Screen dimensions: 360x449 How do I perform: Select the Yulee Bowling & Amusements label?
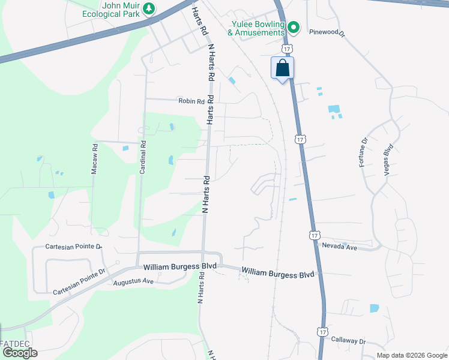pos(258,28)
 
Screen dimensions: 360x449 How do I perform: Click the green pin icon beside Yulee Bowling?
pos(294,27)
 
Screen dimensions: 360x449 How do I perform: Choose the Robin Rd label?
pos(191,101)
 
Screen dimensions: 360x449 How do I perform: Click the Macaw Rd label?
pos(94,158)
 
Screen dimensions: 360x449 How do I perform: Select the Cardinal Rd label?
pos(143,157)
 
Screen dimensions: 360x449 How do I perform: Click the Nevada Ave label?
pos(340,247)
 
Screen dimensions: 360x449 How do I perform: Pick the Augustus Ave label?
pos(134,281)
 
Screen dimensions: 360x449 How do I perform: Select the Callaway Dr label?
pos(348,340)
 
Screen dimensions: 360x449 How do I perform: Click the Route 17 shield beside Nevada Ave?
pos(315,236)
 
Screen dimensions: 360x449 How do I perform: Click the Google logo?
pos(19,353)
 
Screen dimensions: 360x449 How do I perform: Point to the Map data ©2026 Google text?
pos(412,355)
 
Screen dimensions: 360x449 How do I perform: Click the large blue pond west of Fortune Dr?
pos(334,109)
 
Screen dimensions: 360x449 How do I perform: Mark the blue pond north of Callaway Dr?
pos(375,308)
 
